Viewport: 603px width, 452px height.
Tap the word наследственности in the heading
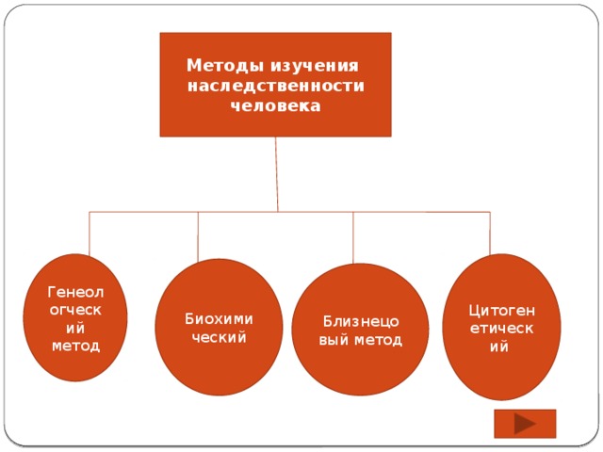[x=276, y=87]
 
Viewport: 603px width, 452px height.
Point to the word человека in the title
[x=275, y=105]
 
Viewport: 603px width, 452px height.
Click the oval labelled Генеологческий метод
[x=75, y=317]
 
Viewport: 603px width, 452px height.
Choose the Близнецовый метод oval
[x=360, y=330]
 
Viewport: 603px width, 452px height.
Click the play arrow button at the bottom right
[x=525, y=424]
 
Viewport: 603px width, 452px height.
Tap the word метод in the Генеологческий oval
[x=75, y=346]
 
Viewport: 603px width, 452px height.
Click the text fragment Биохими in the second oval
[x=219, y=318]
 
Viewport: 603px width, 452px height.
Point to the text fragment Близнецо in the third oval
[x=360, y=321]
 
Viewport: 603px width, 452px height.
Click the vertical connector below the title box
[x=277, y=174]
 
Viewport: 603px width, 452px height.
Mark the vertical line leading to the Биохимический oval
[x=199, y=235]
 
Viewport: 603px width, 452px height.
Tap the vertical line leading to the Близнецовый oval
[x=352, y=237]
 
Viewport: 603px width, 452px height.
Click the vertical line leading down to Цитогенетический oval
[x=489, y=234]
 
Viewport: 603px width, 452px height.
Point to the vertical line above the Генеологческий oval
[x=90, y=234]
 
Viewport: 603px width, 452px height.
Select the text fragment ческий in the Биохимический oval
[x=219, y=336]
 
